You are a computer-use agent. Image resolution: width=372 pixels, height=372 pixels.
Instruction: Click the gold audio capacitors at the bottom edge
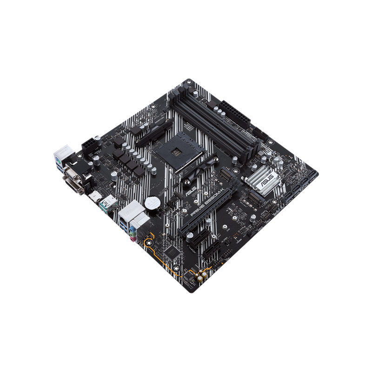click(201, 276)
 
